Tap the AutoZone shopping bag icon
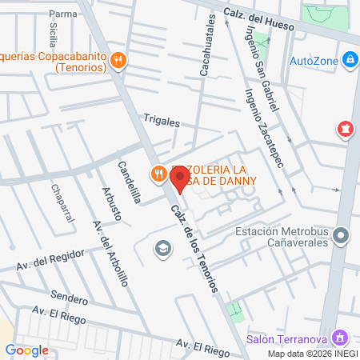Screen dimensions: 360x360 tap(350, 59)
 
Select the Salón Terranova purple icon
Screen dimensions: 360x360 tap(342, 338)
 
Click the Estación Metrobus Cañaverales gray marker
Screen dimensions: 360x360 tap(342, 236)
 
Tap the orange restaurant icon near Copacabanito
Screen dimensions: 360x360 tap(118, 58)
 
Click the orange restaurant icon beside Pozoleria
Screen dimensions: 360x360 tap(158, 174)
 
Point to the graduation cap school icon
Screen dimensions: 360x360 tap(163, 249)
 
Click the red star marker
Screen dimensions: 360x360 tap(346, 128)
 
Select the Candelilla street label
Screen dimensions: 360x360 tap(129, 182)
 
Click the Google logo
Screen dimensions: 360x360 tap(26, 350)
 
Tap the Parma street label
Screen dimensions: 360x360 tap(62, 14)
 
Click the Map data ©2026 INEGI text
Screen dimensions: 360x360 tap(311, 354)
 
